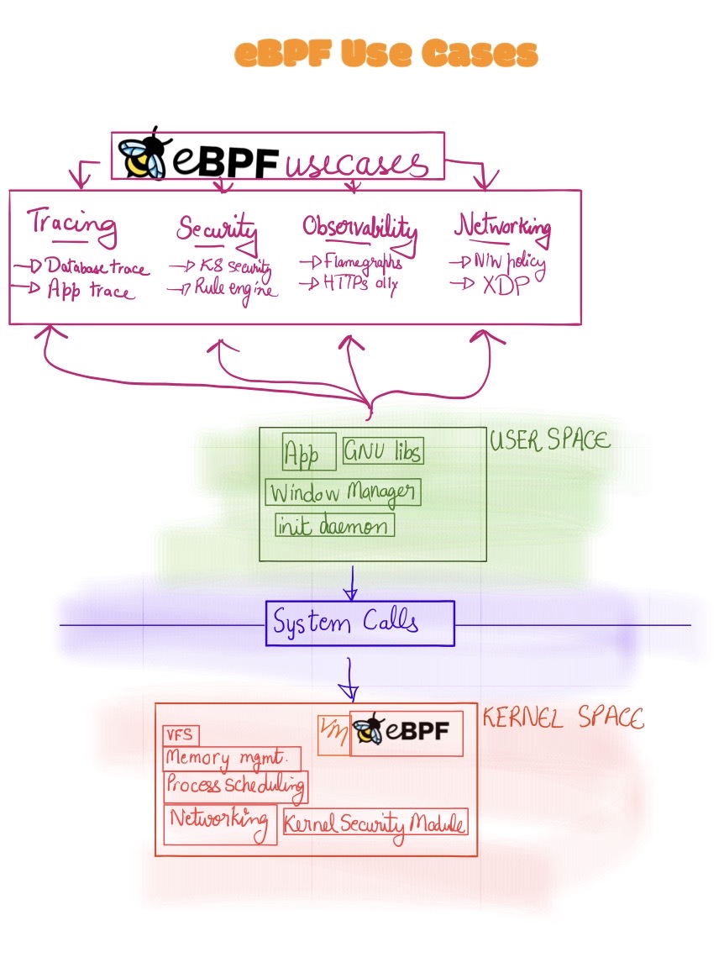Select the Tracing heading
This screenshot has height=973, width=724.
(71, 224)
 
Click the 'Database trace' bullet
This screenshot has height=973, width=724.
(96, 267)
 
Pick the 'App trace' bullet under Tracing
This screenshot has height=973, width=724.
(88, 291)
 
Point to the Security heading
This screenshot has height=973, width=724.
(217, 229)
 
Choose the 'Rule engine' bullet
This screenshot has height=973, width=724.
(234, 288)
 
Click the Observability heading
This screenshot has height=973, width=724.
(359, 228)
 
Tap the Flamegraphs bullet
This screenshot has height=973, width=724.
(362, 262)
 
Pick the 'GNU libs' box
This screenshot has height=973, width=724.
(383, 450)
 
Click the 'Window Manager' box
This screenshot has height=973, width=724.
(343, 492)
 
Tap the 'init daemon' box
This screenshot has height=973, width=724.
(334, 526)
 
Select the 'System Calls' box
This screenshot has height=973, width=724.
(359, 623)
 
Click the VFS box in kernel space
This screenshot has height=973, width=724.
(181, 734)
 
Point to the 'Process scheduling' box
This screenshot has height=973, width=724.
(235, 786)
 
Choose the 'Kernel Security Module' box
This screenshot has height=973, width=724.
(375, 823)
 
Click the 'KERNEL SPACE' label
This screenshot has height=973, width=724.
(562, 718)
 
